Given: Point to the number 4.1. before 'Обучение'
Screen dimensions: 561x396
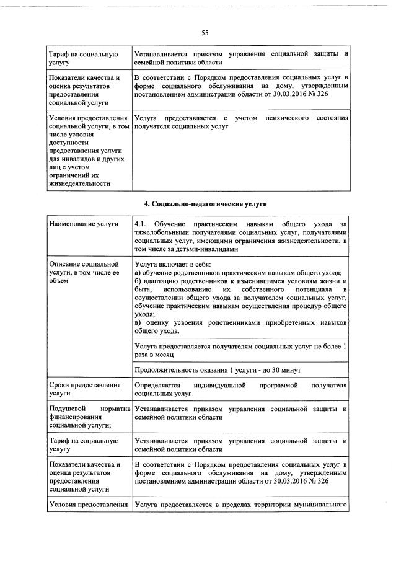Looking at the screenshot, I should [141, 223].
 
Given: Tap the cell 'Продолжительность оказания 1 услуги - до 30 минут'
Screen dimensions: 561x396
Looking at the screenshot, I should [218, 370].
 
